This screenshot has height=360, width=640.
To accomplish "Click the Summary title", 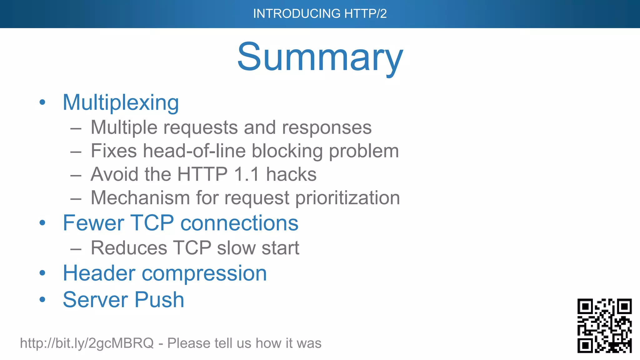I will pos(320,57).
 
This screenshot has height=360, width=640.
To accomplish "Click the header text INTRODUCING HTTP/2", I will pos(320,14).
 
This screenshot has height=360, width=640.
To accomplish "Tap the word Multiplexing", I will pos(121,102).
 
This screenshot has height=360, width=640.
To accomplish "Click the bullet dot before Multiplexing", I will pos(42,102).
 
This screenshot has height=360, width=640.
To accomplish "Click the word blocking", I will pos(287,151).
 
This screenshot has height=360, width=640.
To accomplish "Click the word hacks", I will pos(291,174).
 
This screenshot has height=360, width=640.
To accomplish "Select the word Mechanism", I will pos(140,198).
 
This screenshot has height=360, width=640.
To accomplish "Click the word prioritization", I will pos(347,198).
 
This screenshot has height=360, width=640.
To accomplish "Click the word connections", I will pos(239,223).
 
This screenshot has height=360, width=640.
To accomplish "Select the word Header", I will pos(99,273).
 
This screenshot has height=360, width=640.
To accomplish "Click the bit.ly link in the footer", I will pos(87,343).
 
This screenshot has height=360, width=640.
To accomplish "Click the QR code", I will pos(604,326).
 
